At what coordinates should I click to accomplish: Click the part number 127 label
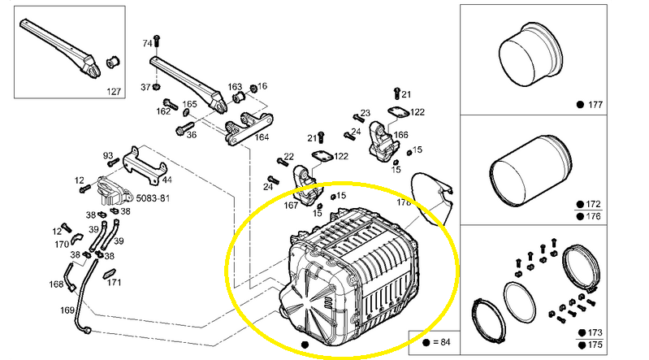click(x=114, y=92)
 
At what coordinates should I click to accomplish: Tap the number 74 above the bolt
click(x=147, y=43)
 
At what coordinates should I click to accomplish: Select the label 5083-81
click(x=153, y=198)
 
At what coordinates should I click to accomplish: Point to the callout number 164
click(x=262, y=137)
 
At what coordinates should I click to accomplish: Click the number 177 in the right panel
click(x=595, y=105)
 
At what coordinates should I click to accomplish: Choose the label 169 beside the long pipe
click(x=67, y=310)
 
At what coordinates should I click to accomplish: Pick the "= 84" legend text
click(x=442, y=342)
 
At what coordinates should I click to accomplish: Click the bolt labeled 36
click(x=184, y=128)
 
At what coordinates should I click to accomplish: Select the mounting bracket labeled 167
click(x=307, y=185)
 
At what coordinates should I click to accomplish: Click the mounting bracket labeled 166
click(x=383, y=141)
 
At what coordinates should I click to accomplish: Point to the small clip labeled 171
click(x=110, y=274)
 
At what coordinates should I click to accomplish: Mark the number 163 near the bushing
click(x=235, y=87)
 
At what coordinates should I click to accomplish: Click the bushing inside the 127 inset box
click(x=113, y=62)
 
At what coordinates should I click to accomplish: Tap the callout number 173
click(x=595, y=332)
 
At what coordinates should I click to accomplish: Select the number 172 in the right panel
click(x=593, y=204)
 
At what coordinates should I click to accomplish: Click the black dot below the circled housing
click(x=305, y=345)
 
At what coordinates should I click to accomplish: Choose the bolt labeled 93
click(x=113, y=163)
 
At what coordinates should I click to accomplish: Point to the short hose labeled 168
click(x=69, y=275)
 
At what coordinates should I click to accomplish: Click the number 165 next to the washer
click(x=189, y=104)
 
